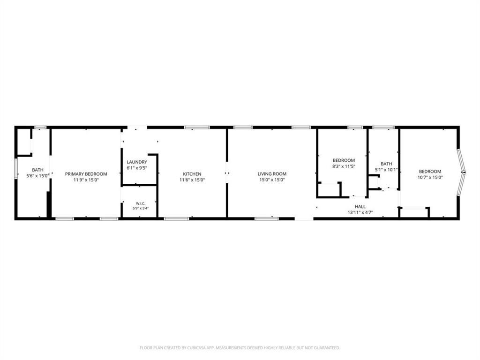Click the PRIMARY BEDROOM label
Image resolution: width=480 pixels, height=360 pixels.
pos(86,174)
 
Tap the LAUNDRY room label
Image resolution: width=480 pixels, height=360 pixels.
pos(137,162)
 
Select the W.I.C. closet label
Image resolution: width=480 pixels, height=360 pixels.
pos(141,203)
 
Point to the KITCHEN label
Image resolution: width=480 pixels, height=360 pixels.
pos(192,174)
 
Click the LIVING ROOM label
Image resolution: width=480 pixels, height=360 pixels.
pos(272,174)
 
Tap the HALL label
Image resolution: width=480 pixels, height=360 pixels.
pos(360,207)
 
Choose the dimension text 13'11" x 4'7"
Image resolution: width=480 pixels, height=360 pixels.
pos(360,212)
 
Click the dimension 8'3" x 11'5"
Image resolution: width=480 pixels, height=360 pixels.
pos(344,166)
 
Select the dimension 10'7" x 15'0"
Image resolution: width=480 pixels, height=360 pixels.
pos(430,177)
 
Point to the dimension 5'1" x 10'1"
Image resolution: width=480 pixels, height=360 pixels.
pos(386,170)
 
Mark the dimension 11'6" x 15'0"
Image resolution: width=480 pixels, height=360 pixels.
pos(192,180)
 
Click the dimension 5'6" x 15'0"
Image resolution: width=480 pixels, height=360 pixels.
pos(37,176)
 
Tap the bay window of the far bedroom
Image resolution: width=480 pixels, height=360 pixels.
pos(461,172)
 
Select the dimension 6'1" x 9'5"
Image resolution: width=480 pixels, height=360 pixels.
pos(137,168)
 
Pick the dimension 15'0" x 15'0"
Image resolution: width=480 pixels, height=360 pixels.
pos(272,180)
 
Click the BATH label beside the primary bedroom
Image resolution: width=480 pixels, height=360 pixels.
pos(37,170)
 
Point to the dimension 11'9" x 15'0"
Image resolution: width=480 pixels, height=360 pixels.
pos(86,180)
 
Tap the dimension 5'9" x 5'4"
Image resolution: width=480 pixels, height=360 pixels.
pos(141,209)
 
